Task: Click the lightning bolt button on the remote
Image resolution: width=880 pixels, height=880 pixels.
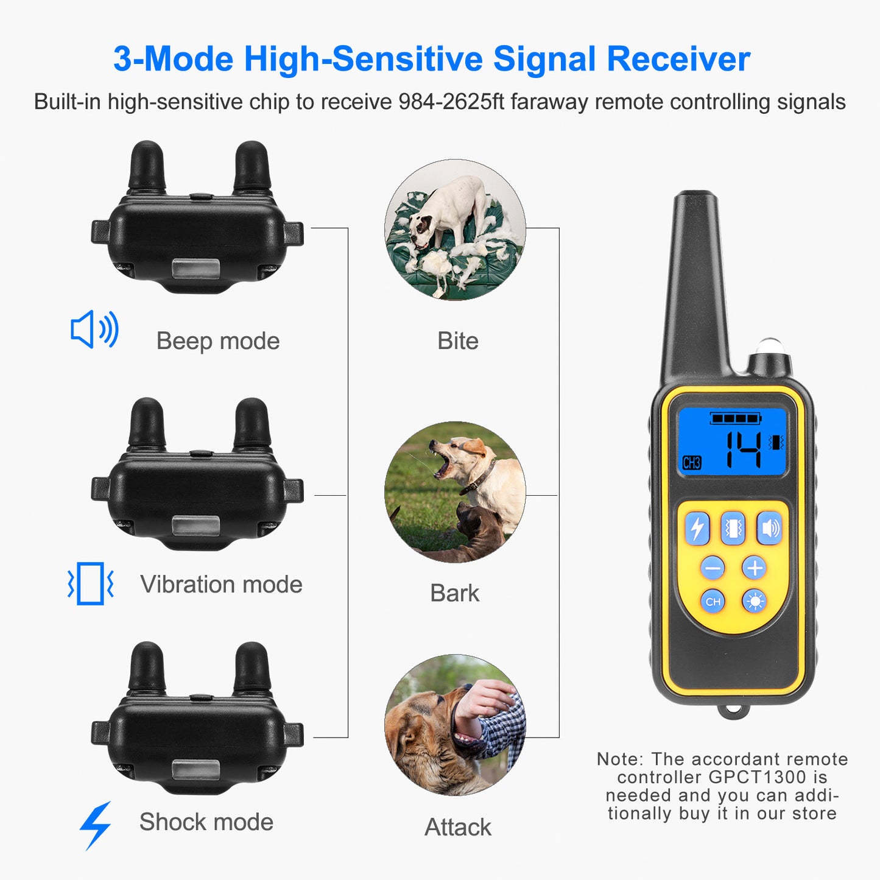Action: (697, 528)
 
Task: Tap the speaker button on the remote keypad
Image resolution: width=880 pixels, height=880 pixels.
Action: (770, 528)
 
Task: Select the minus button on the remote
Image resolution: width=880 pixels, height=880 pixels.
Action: (712, 568)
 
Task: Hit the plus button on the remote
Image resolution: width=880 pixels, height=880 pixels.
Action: (755, 568)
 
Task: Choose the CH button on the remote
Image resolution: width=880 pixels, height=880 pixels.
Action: (713, 602)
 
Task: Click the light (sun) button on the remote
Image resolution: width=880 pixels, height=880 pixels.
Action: (755, 602)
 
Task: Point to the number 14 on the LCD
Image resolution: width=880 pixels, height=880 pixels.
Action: (744, 449)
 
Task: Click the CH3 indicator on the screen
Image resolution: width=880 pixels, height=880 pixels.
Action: (692, 463)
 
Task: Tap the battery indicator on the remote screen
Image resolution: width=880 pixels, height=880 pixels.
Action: (736, 418)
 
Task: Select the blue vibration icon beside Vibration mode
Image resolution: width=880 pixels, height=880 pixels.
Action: (91, 583)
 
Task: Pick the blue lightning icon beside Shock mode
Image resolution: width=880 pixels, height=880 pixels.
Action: (96, 825)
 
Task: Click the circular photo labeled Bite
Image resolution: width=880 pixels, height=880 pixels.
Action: (455, 230)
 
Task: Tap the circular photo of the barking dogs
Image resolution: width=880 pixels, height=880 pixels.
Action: (455, 492)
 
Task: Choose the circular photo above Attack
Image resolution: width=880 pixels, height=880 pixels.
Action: (455, 725)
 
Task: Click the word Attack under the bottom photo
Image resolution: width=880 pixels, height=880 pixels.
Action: (457, 827)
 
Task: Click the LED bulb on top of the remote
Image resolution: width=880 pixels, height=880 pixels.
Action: (770, 347)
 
